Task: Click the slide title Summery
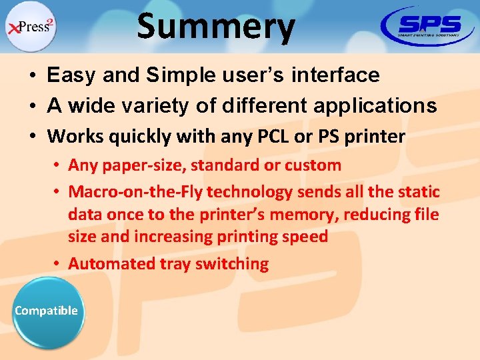click(215, 27)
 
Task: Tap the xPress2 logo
click(31, 27)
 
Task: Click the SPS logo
click(428, 27)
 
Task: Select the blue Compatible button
click(46, 311)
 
